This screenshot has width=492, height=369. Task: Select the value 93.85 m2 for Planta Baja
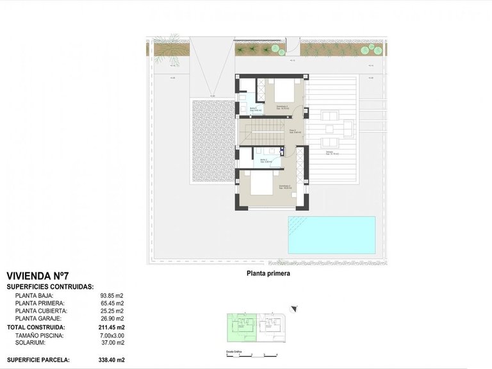tap(112, 295)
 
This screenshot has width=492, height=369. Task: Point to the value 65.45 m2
tap(112, 303)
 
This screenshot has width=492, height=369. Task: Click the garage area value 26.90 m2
tap(112, 318)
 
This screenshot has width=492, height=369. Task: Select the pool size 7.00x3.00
tap(112, 334)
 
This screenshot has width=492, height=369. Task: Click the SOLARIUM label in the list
tap(32, 342)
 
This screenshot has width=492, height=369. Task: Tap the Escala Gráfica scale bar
tap(252, 354)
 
